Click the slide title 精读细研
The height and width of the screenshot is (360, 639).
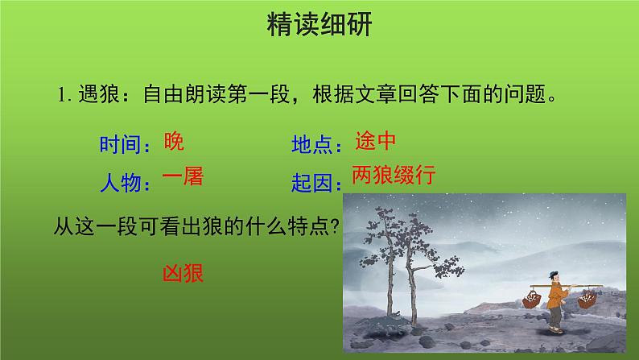point(319,26)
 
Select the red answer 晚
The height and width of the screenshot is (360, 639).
point(173,142)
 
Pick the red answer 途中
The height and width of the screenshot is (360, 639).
point(375,142)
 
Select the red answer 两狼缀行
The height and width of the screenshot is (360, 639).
point(393,176)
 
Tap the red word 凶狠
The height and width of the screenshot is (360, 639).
point(183,272)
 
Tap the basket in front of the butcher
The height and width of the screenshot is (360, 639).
point(532,300)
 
